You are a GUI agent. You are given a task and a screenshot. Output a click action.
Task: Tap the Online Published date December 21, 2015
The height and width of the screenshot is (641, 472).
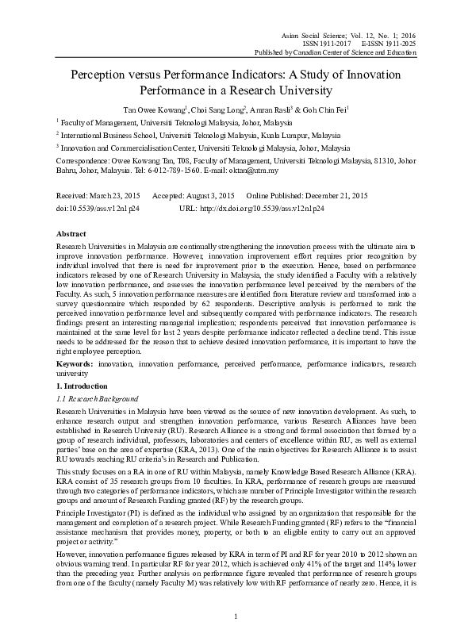tap(336, 195)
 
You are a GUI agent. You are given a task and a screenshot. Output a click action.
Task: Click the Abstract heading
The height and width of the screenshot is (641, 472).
tap(71, 236)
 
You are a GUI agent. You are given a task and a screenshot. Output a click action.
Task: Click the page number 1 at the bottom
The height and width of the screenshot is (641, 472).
tap(236, 616)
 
